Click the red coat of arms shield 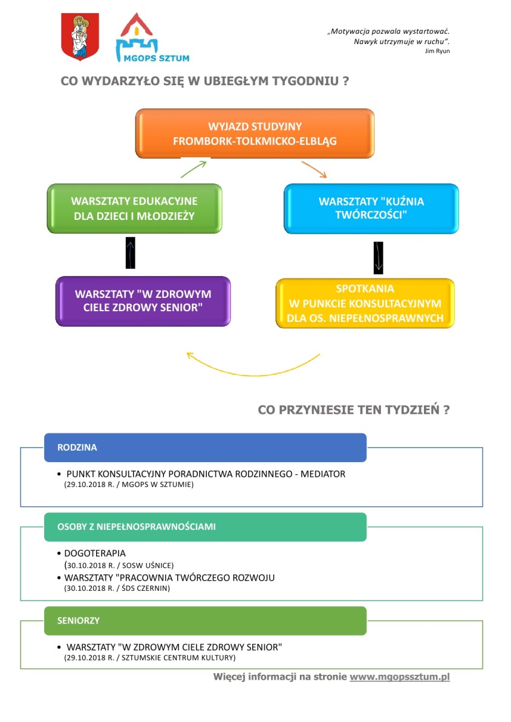[x=80, y=36]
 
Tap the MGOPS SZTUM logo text [x=156, y=58]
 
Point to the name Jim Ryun [x=437, y=51]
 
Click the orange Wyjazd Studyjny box [x=255, y=134]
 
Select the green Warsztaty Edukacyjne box [x=134, y=208]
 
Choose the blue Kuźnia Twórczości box [x=371, y=208]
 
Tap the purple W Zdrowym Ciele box [x=143, y=301]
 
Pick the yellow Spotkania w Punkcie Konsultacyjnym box [x=365, y=303]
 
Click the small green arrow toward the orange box [x=194, y=169]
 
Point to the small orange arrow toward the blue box [x=314, y=169]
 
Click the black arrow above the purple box [x=131, y=253]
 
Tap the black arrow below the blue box [x=379, y=258]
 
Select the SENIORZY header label [x=79, y=620]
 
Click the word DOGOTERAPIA [x=95, y=553]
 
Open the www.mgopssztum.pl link [x=400, y=677]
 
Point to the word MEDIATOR [x=323, y=474]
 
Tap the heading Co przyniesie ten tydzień [x=354, y=410]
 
